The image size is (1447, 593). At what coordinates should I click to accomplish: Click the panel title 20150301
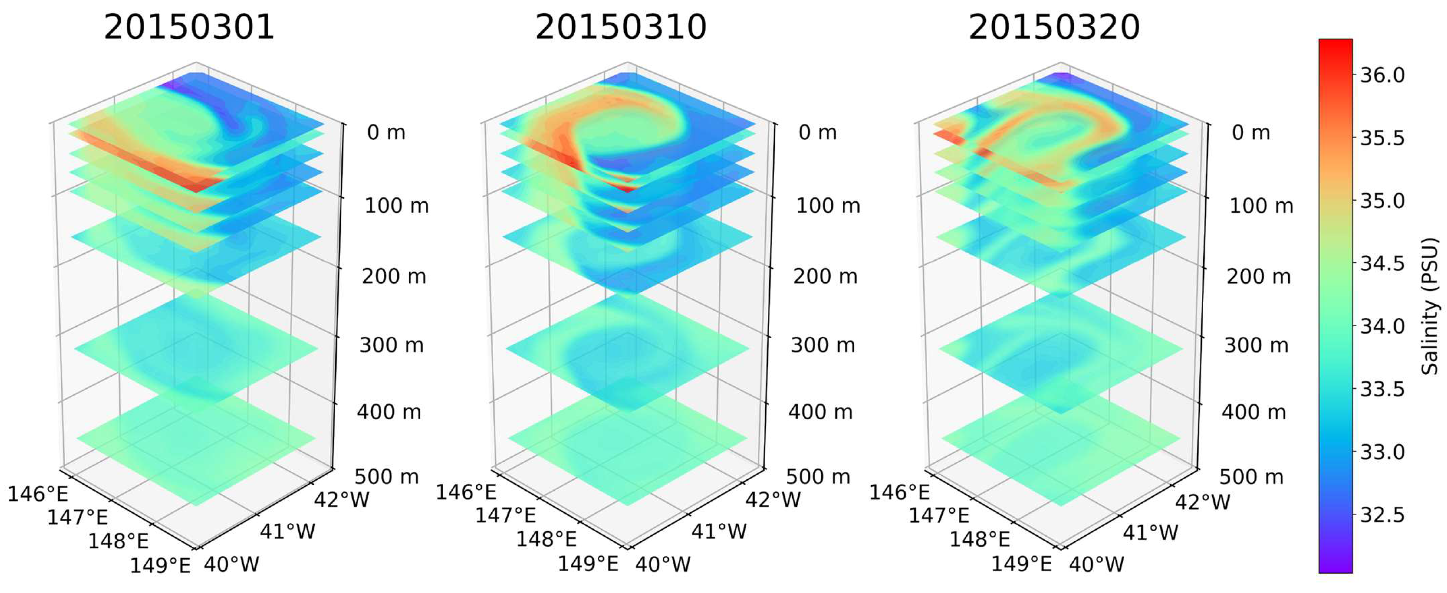(x=189, y=27)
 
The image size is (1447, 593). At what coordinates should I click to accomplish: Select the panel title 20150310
(x=621, y=27)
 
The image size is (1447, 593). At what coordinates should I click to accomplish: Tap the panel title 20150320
(x=1054, y=27)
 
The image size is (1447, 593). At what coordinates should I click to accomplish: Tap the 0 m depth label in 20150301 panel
(x=386, y=132)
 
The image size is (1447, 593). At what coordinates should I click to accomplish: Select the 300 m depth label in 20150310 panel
(x=823, y=345)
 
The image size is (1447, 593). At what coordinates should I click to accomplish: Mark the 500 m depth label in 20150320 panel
(x=1251, y=477)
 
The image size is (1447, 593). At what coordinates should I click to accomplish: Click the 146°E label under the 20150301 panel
(x=38, y=494)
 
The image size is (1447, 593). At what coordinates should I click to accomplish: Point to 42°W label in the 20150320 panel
(x=1203, y=502)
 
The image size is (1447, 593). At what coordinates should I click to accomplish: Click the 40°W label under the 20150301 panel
(x=232, y=564)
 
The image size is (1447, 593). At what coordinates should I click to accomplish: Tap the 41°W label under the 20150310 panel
(x=719, y=531)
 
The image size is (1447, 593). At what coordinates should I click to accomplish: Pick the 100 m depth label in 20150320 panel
(x=1261, y=206)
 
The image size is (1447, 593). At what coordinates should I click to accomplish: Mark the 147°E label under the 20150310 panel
(x=505, y=515)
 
